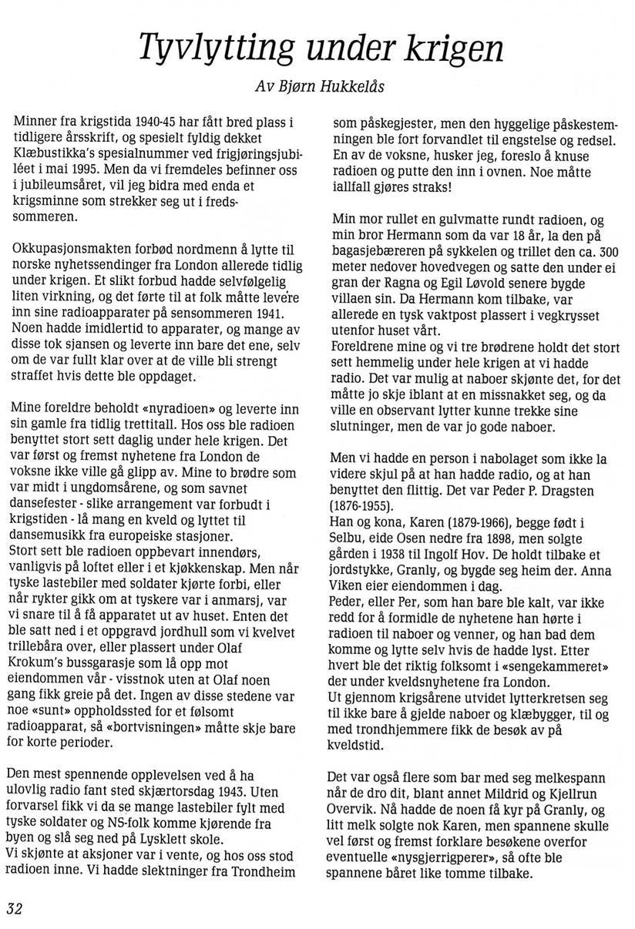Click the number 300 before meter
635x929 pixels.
pos(608,252)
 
